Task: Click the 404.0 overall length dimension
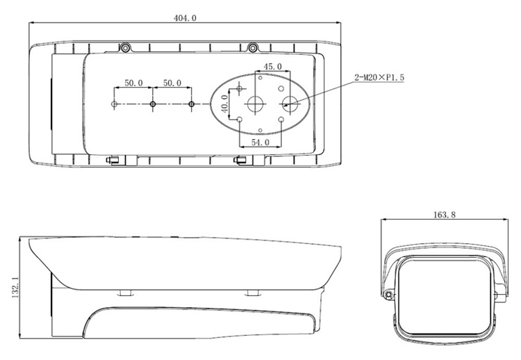coord(185,17)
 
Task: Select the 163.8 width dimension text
coord(445,215)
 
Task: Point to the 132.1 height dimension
coord(15,288)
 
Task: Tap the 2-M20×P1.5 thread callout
coord(379,78)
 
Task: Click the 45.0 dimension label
coord(272,67)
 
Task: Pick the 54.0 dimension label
coord(260,142)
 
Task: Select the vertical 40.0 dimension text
coord(224,104)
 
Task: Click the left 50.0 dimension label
coord(133,83)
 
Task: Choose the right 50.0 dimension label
coord(172,83)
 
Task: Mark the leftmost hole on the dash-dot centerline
coord(115,104)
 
